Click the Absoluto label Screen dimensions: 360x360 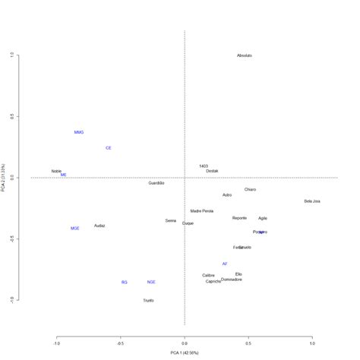244,55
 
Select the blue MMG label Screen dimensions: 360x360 79,132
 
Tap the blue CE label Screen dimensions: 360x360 109,148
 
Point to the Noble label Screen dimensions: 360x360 56,171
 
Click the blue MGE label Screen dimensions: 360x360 74,228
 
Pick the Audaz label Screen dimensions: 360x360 99,226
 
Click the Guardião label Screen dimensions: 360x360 156,183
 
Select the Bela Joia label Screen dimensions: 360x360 312,201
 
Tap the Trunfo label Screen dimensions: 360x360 148,301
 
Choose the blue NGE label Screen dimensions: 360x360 151,282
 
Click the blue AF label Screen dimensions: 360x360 225,264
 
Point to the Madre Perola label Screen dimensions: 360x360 202,211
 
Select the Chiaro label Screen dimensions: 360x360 250,189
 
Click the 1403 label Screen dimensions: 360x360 204,166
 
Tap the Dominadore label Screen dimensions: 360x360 232,279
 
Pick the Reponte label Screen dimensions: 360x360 239,218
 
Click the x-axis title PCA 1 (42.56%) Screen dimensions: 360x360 185,353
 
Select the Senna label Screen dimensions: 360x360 171,220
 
